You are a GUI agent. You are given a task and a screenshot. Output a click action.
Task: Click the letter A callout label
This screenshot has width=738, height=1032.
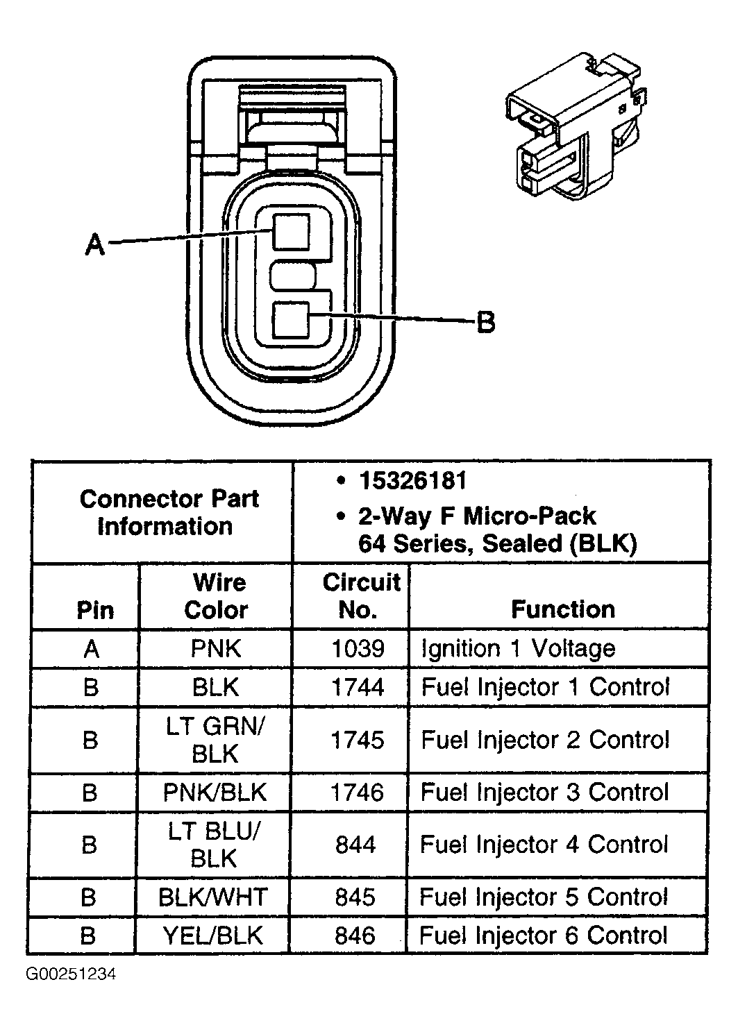(94, 244)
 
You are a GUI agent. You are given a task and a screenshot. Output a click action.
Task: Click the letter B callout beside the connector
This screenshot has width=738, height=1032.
(486, 322)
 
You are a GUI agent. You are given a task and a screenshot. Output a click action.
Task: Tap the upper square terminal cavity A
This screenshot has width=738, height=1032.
(291, 232)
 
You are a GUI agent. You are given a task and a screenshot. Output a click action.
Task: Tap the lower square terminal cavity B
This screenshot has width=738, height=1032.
(291, 321)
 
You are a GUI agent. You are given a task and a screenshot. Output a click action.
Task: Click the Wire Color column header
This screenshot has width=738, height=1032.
(217, 596)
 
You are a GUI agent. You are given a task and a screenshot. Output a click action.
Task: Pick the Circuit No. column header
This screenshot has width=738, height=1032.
(360, 596)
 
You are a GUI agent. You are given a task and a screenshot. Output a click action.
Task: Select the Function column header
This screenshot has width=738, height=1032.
(562, 609)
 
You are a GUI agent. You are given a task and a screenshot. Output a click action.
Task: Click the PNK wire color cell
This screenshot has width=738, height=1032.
(216, 649)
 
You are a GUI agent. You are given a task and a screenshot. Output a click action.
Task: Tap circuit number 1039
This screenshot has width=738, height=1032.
(358, 649)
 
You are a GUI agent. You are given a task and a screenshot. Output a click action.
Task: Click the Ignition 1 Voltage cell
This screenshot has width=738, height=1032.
(518, 649)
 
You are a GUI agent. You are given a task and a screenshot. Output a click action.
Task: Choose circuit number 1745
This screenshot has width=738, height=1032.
(357, 740)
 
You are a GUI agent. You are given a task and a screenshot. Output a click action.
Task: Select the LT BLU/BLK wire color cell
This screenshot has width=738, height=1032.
(214, 845)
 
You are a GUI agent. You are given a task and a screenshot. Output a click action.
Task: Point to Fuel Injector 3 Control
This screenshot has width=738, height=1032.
(544, 793)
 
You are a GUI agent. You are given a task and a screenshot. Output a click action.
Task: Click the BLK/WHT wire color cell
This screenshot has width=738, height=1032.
(212, 897)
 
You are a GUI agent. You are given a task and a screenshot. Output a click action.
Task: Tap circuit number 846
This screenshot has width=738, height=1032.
(355, 936)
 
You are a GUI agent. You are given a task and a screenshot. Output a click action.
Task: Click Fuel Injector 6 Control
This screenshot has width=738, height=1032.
(543, 936)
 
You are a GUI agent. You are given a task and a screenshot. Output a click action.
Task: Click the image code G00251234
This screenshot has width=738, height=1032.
(71, 974)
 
